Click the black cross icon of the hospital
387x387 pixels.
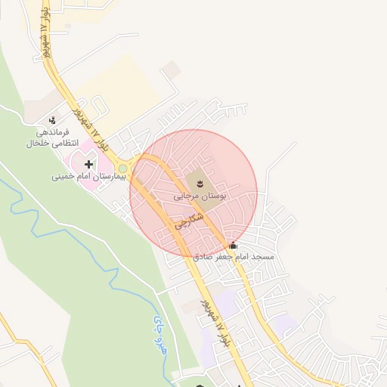point(89,163)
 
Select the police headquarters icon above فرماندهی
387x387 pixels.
point(52,120)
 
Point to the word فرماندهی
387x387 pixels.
point(60,132)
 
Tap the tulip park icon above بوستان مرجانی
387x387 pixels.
point(200,181)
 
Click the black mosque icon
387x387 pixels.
point(232,246)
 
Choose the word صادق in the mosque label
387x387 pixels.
point(203,258)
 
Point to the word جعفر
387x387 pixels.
point(223,258)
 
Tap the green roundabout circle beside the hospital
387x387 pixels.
point(123,169)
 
